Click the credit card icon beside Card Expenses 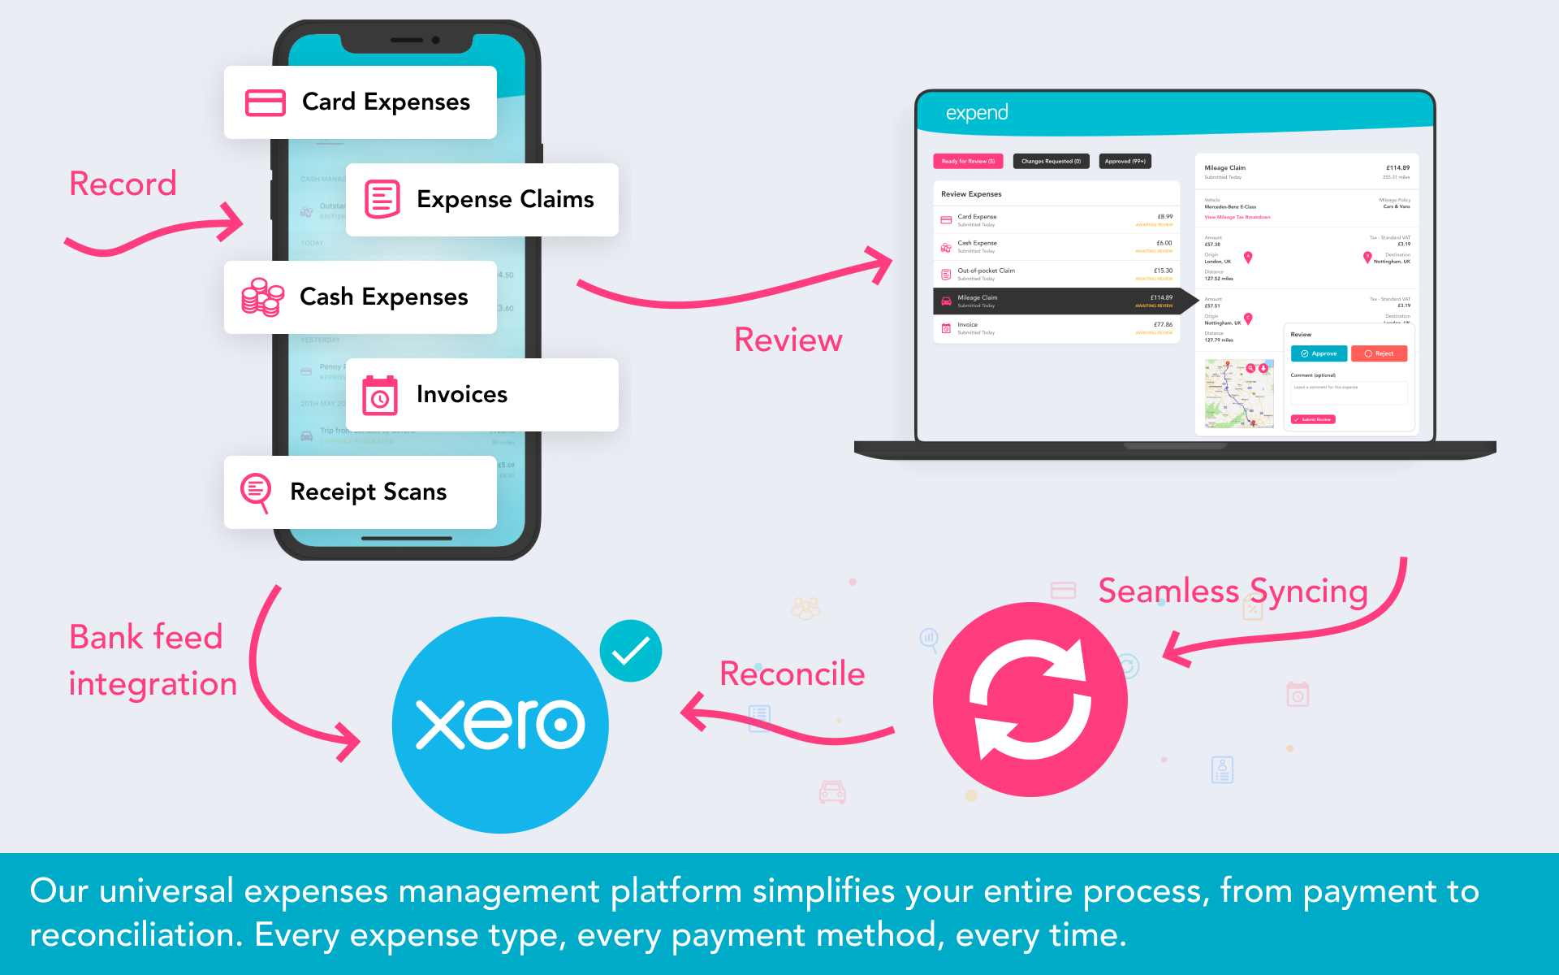265,103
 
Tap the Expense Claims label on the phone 505,200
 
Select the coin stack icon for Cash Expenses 262,297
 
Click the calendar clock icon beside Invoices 380,396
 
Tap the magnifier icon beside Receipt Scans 256,492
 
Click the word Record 123,184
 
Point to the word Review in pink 788,340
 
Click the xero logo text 500,724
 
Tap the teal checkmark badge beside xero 631,651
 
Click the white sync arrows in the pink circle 1030,700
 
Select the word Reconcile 792,674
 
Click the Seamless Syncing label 1233,591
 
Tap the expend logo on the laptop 977,113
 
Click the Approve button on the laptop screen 1319,353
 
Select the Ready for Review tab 968,162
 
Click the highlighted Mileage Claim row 1056,301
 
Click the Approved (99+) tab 1125,162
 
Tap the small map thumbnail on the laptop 1239,393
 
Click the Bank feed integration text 153,661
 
